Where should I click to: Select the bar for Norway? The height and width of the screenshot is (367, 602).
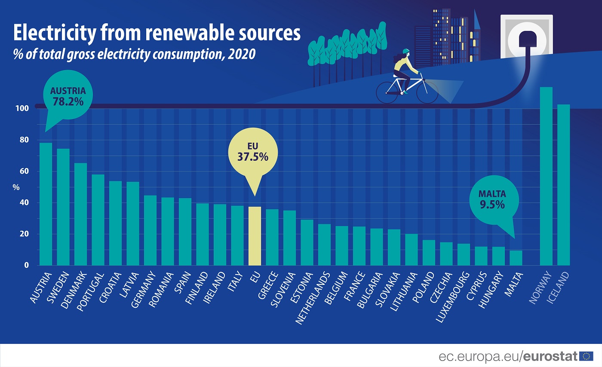[546, 176]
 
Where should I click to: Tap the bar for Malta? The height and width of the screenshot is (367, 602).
[516, 258]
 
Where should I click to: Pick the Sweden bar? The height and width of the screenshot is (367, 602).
[63, 207]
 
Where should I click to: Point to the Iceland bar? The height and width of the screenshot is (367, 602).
[563, 185]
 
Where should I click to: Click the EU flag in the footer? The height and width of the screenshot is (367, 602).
[586, 356]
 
